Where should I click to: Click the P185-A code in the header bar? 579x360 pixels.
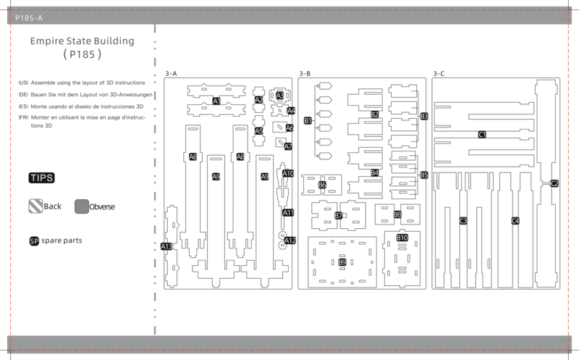click(29, 17)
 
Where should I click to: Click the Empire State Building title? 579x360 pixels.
click(82, 41)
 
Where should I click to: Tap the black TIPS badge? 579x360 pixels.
click(42, 177)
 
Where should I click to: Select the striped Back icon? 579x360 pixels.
click(35, 206)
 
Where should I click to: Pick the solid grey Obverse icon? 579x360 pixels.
click(82, 206)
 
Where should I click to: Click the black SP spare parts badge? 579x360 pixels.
click(34, 241)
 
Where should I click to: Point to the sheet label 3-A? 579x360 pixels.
click(171, 74)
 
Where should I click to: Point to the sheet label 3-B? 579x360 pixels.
click(305, 74)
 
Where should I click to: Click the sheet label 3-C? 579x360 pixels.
click(439, 74)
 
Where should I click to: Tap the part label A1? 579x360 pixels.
click(216, 101)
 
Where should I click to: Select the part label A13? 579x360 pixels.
click(166, 246)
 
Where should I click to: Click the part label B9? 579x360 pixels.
click(342, 262)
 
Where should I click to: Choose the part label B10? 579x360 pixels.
click(402, 238)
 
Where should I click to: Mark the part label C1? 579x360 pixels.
click(482, 135)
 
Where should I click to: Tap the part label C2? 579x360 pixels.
click(554, 183)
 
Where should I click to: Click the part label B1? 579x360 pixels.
click(308, 120)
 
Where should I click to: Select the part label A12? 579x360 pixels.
click(290, 240)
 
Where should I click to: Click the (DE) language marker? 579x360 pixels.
click(23, 95)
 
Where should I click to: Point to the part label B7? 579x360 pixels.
click(338, 215)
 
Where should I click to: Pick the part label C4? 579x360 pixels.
click(515, 221)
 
